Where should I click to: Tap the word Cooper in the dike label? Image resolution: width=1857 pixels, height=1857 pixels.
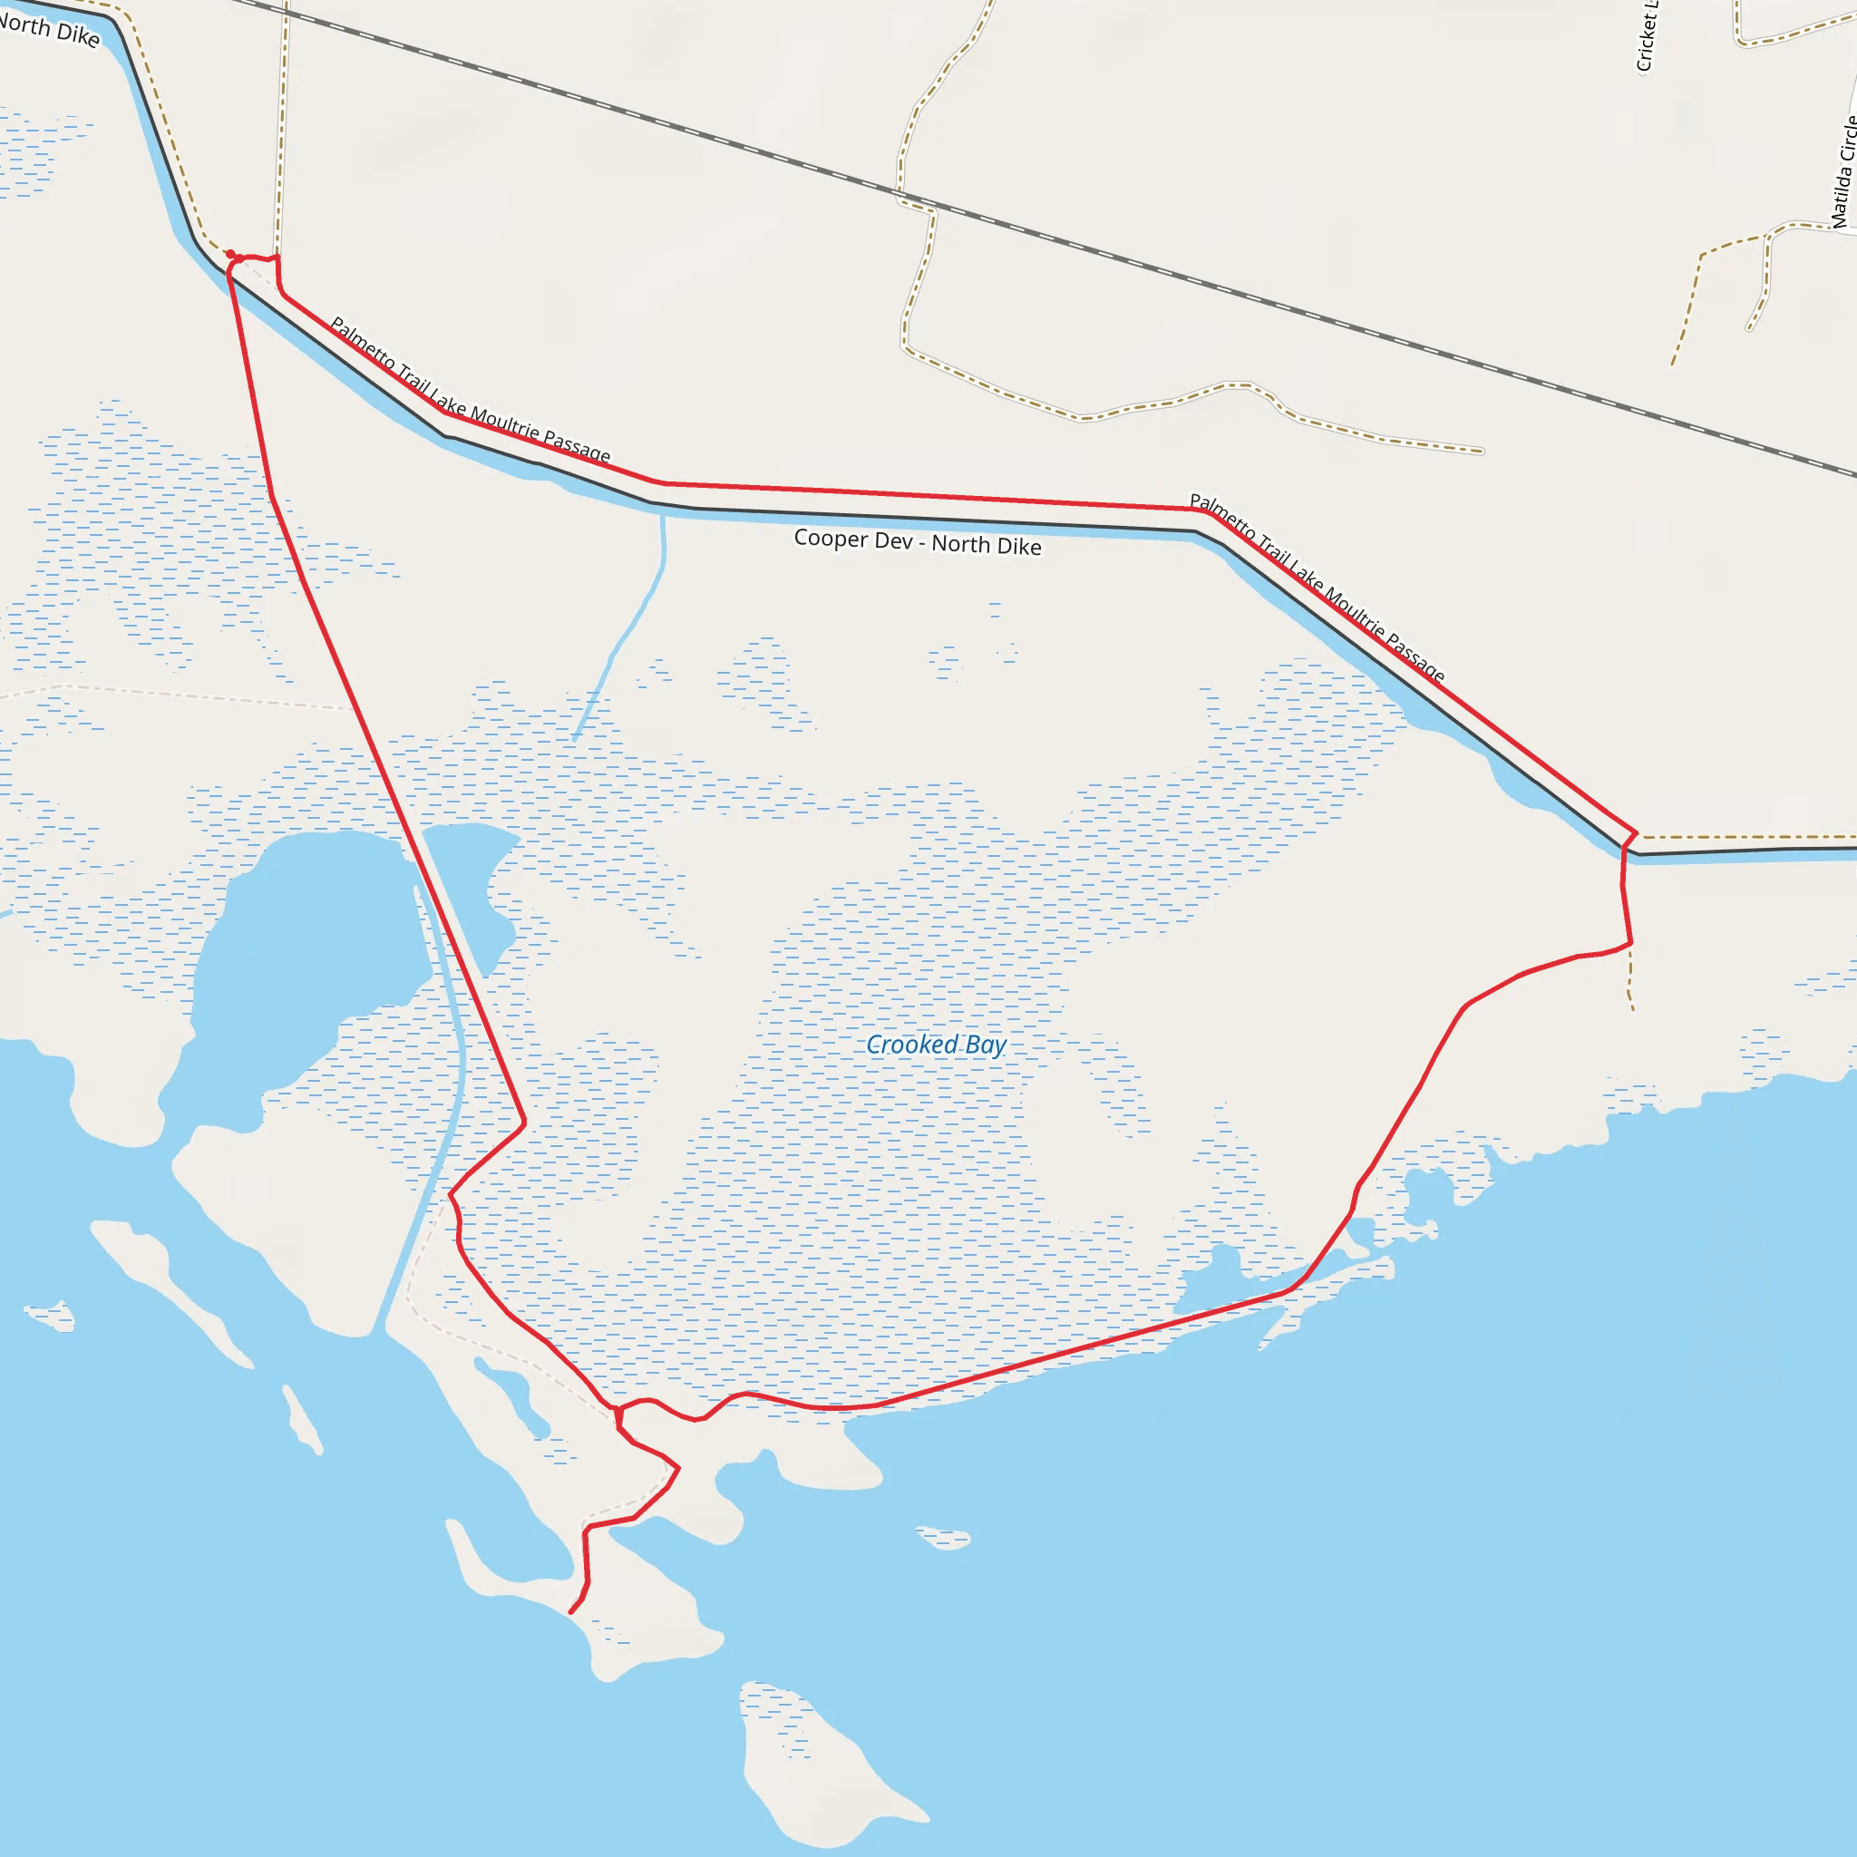point(826,538)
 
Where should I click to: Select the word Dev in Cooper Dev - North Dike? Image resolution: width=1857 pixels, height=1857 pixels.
point(894,541)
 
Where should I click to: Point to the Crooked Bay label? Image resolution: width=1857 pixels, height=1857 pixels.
point(935,1045)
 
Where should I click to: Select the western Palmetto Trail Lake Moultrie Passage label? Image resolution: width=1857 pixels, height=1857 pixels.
point(469,390)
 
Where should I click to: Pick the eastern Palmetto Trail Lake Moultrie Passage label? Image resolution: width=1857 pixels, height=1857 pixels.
point(1316,587)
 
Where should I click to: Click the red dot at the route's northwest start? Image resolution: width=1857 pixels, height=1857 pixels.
point(230,255)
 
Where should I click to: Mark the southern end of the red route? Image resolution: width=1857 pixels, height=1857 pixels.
point(572,1612)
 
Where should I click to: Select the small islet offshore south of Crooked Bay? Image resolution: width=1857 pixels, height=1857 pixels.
point(944,1538)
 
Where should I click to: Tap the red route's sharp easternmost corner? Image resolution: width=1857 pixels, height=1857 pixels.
point(1636,832)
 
